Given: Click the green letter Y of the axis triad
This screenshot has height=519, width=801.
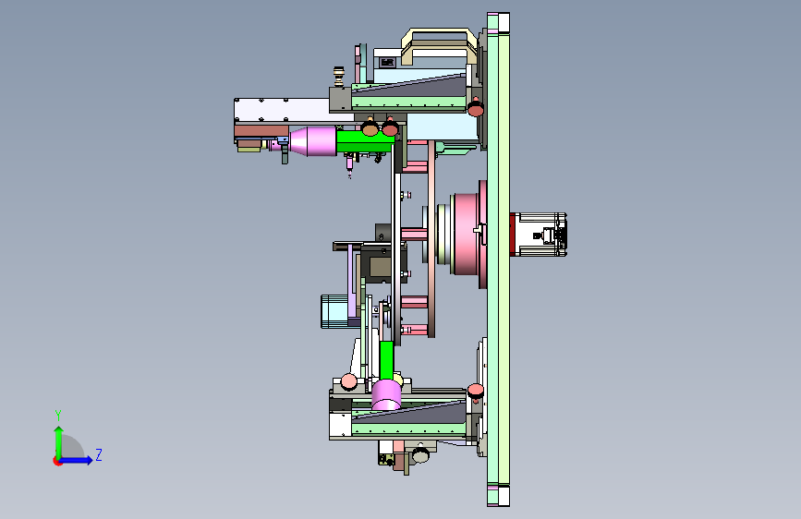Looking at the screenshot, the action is click(58, 415).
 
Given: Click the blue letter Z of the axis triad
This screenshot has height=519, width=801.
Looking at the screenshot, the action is click(99, 454).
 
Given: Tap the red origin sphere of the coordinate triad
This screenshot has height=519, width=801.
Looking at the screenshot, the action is click(57, 461).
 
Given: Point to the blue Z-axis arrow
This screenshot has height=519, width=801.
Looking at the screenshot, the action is click(77, 460).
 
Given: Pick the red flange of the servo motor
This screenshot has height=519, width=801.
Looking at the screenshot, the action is click(512, 235).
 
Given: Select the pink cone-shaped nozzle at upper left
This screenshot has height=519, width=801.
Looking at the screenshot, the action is click(312, 141).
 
